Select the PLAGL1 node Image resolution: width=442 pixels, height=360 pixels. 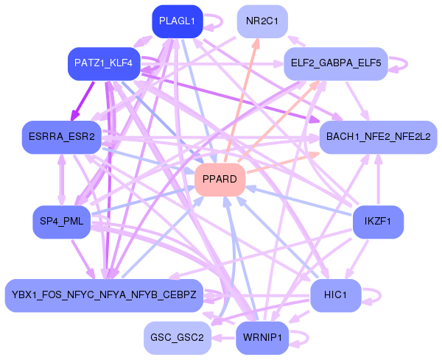[177, 21]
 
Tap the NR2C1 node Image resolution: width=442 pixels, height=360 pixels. [262, 21]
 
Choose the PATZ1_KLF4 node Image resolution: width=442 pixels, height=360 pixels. [103, 63]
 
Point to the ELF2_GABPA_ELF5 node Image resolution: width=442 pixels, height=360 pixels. [335, 63]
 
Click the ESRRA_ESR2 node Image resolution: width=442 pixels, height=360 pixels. [63, 137]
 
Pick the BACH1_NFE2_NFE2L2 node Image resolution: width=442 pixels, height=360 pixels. [378, 136]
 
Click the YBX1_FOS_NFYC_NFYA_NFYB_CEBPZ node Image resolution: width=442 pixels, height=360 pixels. [103, 294]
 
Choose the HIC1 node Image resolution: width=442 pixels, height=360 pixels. [335, 294]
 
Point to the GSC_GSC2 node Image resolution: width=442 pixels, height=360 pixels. [177, 337]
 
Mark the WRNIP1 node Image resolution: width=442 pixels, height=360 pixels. [262, 337]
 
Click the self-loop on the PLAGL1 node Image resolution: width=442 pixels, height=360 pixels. [214, 21]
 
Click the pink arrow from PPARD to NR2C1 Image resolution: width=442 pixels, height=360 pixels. [243, 96]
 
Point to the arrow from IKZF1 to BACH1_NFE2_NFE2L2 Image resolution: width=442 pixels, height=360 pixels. [378, 180]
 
